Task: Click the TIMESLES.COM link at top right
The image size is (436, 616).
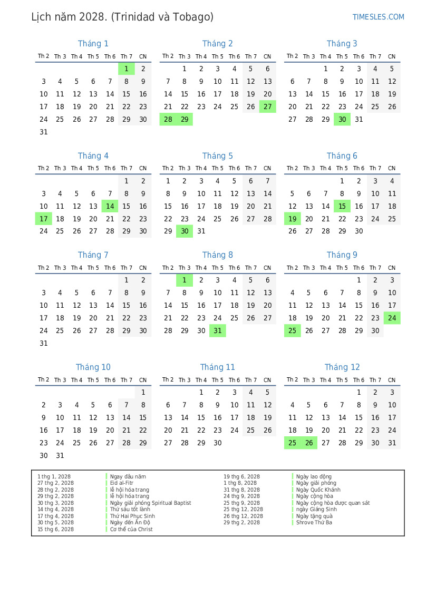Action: (x=378, y=17)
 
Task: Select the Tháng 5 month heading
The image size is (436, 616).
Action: (x=217, y=156)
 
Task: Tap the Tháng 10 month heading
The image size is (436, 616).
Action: (x=93, y=367)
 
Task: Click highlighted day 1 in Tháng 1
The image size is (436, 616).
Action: (x=127, y=69)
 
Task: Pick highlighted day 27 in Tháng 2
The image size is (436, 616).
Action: (x=267, y=107)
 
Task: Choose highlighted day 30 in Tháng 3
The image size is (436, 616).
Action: (x=342, y=120)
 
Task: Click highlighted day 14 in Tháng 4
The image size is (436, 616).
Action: (x=110, y=207)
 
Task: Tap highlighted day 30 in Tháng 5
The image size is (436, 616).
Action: (x=185, y=231)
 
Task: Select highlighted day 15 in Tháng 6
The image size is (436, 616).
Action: (x=342, y=207)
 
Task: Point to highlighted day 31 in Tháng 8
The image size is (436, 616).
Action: (x=218, y=331)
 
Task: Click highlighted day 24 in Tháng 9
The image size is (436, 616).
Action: (x=392, y=318)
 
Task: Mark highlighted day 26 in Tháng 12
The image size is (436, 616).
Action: (x=309, y=443)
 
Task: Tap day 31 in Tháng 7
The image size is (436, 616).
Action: (x=44, y=344)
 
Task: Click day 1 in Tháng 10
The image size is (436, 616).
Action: (x=143, y=393)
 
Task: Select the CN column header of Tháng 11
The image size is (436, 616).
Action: (x=267, y=379)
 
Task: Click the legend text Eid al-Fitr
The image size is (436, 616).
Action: (x=122, y=483)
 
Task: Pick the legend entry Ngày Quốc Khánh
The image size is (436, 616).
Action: (x=318, y=490)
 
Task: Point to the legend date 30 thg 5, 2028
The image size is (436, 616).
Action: (x=55, y=523)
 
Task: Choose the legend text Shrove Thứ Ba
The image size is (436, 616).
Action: (x=314, y=523)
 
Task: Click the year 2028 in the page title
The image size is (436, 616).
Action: (x=91, y=17)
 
